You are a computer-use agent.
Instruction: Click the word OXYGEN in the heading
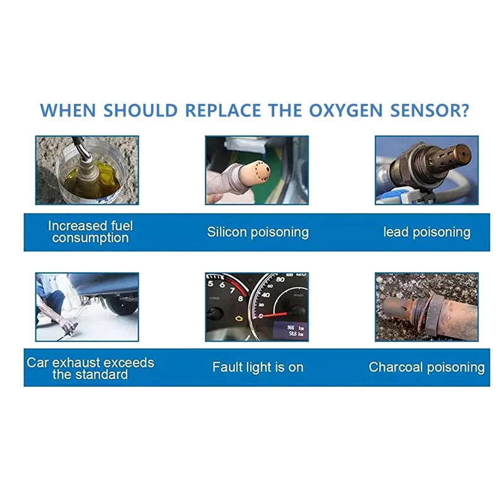coord(346,111)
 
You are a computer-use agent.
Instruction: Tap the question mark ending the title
coord(464,110)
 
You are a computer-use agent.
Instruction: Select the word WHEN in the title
coord(68,111)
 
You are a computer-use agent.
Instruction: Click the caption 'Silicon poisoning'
coord(258,232)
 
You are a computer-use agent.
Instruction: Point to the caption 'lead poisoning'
coord(427,232)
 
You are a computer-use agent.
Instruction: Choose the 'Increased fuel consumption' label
coord(90,232)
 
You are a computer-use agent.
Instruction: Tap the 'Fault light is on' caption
coord(258,367)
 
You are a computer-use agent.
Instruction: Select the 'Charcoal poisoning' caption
coord(427,367)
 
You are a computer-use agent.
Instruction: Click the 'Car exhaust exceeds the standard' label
coord(90,369)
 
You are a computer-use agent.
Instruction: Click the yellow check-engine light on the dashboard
coord(239,318)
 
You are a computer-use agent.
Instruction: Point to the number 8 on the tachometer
coord(240,299)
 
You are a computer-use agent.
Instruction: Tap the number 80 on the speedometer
coord(280,279)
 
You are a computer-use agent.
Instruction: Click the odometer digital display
coord(290,331)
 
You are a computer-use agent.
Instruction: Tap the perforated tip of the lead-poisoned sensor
coord(455,156)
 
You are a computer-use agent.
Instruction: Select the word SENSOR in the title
coord(424,111)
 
